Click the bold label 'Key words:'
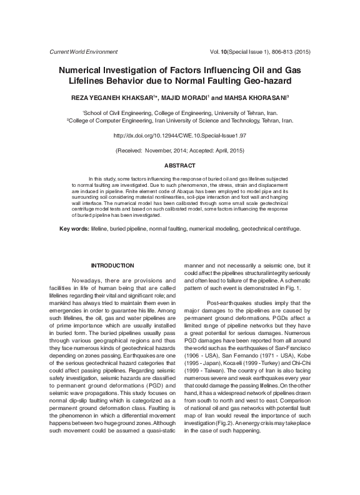pyautogui.click(x=74, y=229)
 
